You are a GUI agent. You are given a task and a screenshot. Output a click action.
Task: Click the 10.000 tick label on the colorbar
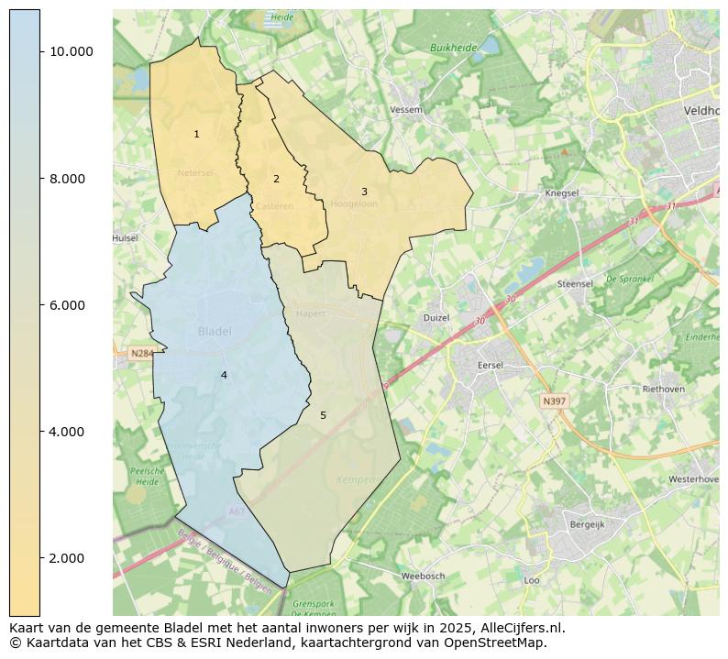(x=71, y=51)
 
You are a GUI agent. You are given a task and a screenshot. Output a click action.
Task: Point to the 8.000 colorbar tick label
(x=67, y=179)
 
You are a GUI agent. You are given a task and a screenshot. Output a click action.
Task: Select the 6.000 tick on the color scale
(x=67, y=305)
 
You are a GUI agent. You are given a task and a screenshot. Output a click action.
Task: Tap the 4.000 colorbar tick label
(x=67, y=432)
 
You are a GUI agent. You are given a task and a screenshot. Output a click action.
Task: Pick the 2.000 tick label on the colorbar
(x=67, y=558)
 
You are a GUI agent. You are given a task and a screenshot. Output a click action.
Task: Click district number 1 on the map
(x=196, y=135)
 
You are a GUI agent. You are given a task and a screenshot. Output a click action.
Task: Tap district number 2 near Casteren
(x=276, y=180)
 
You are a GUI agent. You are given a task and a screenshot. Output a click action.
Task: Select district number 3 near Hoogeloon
(x=364, y=192)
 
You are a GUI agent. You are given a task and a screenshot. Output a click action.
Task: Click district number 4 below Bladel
(x=224, y=376)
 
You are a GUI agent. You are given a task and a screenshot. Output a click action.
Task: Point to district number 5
(x=323, y=416)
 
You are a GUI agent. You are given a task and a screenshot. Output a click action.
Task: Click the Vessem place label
(x=406, y=110)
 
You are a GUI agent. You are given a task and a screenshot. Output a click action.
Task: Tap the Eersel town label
(x=491, y=365)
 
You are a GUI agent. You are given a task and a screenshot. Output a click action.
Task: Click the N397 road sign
(x=554, y=401)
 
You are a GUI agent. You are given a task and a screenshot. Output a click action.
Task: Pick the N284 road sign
(x=142, y=353)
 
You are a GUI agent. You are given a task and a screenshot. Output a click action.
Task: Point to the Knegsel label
(x=561, y=194)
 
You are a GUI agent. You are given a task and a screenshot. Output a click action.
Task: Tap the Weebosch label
(x=423, y=577)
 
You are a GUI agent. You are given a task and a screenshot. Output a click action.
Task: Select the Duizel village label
(x=436, y=318)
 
